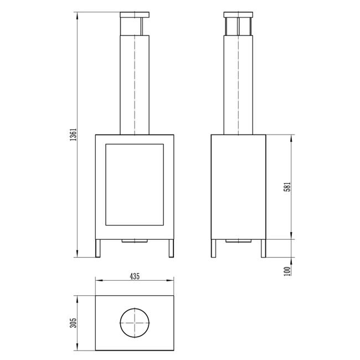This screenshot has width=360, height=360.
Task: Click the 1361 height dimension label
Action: (73, 135)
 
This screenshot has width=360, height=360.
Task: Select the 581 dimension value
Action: (287, 187)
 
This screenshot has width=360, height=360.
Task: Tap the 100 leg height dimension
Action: (287, 271)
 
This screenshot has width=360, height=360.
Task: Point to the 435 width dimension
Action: (135, 276)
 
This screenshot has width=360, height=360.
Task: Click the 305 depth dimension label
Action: (73, 323)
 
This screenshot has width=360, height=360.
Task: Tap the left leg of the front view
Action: (98, 249)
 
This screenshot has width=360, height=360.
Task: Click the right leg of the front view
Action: (171, 249)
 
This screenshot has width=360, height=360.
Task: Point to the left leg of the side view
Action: (214, 249)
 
